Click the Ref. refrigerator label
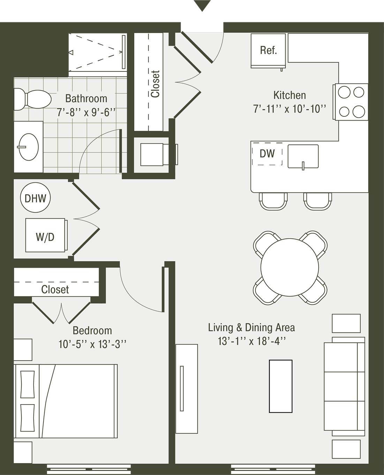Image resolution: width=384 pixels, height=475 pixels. pos(268,50)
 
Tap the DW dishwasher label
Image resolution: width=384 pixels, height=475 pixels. pos(267,154)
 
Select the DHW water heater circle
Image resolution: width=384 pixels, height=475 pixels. pos(36,198)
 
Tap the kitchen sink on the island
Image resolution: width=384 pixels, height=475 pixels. pos(303,156)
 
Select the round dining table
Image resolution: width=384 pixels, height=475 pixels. pos(289,267)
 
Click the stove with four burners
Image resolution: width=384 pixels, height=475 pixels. pos(351,102)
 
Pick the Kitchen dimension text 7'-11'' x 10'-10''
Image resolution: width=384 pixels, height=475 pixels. pos(289,109)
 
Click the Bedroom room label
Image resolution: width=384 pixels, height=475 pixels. pos(92,330)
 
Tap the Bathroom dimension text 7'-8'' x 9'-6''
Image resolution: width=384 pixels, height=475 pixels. pos(86,112)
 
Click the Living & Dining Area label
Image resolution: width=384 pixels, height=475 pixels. pos(251,327)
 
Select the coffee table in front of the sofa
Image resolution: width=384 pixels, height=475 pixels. pos(280,386)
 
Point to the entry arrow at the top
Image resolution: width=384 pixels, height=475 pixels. pos(202,5)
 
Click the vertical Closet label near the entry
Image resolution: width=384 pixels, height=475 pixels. pos(155,84)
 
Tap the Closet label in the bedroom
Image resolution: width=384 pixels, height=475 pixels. pos(55,289)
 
